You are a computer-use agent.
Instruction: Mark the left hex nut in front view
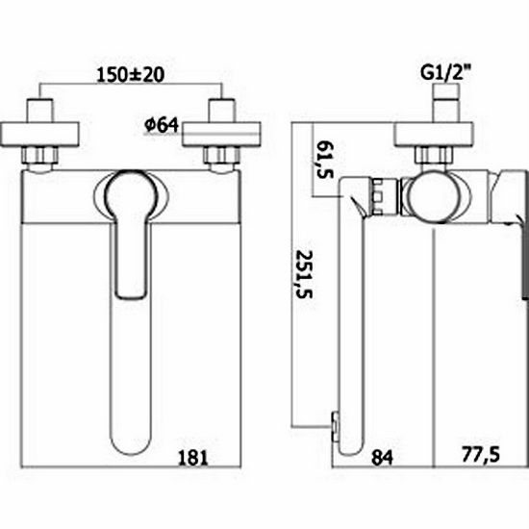point(39,155)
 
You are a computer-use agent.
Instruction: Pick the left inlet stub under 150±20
point(39,108)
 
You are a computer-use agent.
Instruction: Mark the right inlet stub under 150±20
point(224,108)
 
